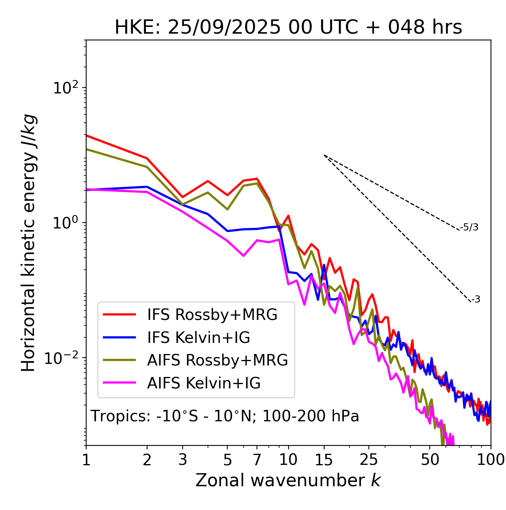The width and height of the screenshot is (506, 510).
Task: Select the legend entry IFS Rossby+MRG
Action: click(x=212, y=315)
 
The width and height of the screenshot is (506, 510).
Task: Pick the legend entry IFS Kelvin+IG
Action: click(x=198, y=338)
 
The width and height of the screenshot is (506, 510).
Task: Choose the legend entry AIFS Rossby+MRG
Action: click(x=217, y=360)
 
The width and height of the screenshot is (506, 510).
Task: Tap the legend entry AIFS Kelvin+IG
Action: click(x=204, y=383)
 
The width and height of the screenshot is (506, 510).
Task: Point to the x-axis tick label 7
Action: click(x=257, y=460)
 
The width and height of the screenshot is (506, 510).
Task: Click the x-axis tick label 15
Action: click(x=324, y=460)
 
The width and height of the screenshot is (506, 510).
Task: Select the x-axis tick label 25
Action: click(x=368, y=460)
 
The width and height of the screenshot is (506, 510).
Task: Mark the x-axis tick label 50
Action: click(x=430, y=460)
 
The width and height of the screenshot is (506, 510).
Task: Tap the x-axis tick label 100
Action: click(x=490, y=460)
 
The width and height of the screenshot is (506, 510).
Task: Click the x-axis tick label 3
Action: click(x=183, y=460)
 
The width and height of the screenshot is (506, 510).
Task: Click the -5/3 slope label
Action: click(x=469, y=228)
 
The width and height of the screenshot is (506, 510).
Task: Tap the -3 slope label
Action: click(x=476, y=300)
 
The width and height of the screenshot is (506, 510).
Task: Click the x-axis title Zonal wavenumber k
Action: click(x=288, y=480)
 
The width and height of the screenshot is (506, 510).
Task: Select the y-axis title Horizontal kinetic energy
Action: click(x=28, y=243)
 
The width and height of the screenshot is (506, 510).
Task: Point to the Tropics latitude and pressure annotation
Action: click(x=225, y=416)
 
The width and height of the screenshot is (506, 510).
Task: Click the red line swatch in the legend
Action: click(x=119, y=315)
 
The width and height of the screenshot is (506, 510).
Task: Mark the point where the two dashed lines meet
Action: click(x=324, y=155)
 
